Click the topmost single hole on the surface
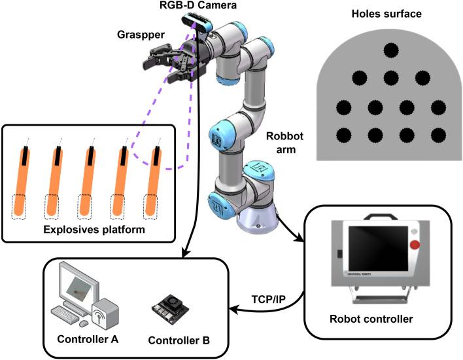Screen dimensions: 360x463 coord(391,50)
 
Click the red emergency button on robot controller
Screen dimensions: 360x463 coord(413,246)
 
